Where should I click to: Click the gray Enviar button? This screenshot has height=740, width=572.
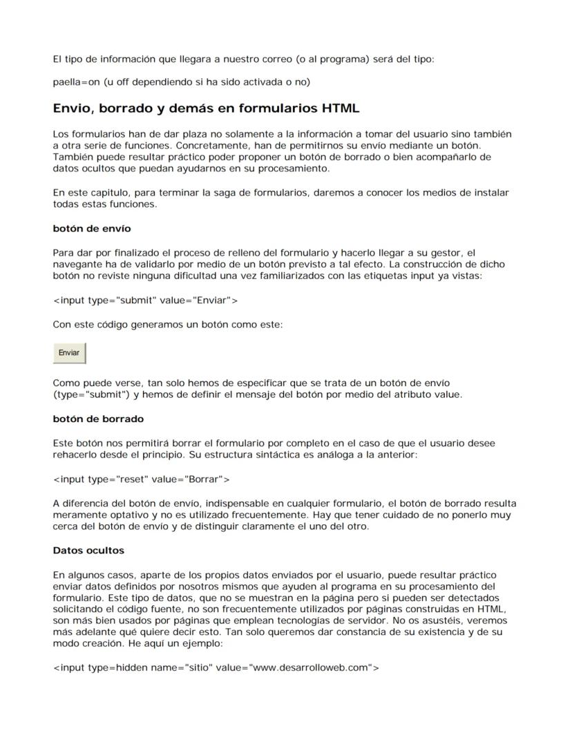click(69, 352)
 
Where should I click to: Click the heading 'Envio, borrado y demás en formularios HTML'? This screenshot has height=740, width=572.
click(206, 108)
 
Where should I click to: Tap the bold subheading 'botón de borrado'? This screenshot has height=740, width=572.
click(98, 419)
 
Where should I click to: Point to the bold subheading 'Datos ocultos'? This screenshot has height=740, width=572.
click(88, 551)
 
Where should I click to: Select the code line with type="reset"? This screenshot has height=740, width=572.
click(142, 479)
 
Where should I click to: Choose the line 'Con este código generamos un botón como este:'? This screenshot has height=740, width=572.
click(168, 324)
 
